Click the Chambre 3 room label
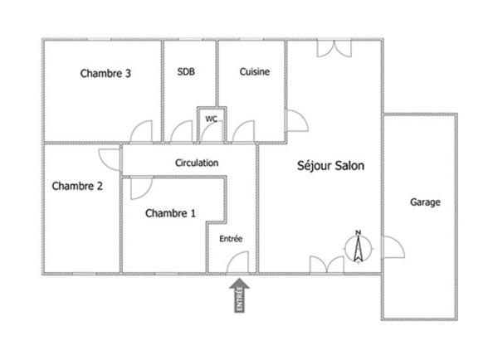click(x=105, y=73)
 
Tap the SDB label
click(x=186, y=71)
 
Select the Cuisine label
click(x=255, y=71)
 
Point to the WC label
click(x=211, y=119)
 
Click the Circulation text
click(x=197, y=163)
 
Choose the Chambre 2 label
click(x=77, y=186)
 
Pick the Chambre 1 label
click(x=170, y=213)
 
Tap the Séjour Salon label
click(x=330, y=166)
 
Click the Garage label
click(x=425, y=202)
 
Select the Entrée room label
click(x=231, y=239)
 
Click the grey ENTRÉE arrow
click(x=240, y=295)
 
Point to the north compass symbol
click(x=359, y=247)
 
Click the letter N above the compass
click(x=359, y=232)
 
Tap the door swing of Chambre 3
click(x=141, y=131)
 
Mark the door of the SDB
click(x=182, y=131)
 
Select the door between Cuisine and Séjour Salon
click(x=298, y=120)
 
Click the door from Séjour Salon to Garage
click(x=393, y=247)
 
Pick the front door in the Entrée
click(x=237, y=262)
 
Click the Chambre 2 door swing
click(x=110, y=160)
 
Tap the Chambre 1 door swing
click(x=142, y=188)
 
